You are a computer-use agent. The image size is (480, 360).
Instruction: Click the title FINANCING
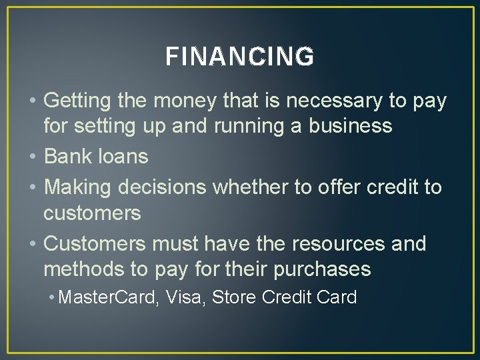point(239,57)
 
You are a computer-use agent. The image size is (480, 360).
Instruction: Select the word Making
point(78,187)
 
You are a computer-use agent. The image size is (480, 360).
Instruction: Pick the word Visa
point(186,297)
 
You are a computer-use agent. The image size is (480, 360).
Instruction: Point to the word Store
point(234,297)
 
